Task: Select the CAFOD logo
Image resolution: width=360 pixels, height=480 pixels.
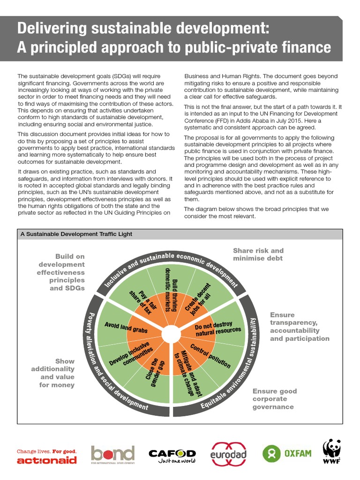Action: click(x=172, y=456)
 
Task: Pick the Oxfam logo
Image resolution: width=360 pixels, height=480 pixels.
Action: click(x=287, y=454)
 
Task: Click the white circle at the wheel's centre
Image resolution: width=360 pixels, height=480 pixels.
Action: click(x=170, y=334)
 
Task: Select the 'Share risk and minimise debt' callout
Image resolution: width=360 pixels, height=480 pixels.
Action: click(x=258, y=255)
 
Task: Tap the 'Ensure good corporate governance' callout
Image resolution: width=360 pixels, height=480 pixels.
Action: click(x=275, y=399)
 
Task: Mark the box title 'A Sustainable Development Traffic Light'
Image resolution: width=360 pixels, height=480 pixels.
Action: click(x=76, y=234)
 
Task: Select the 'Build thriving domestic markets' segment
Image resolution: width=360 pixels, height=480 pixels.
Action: click(x=172, y=290)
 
